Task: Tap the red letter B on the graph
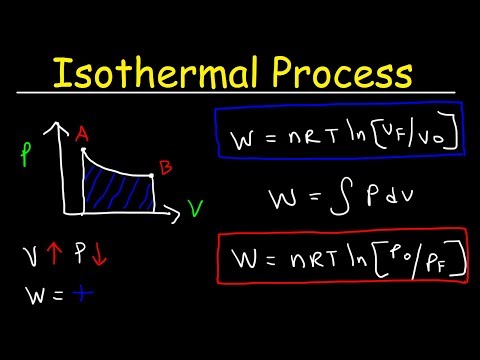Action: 165,168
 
